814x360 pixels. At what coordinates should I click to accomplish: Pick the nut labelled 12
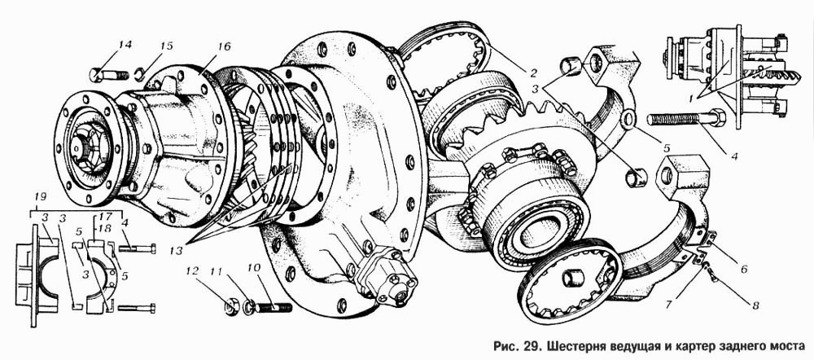pyautogui.click(x=232, y=307)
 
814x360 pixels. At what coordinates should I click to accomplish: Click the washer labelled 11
pyautogui.click(x=249, y=307)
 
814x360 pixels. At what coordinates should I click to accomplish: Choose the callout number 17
pyautogui.click(x=103, y=217)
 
